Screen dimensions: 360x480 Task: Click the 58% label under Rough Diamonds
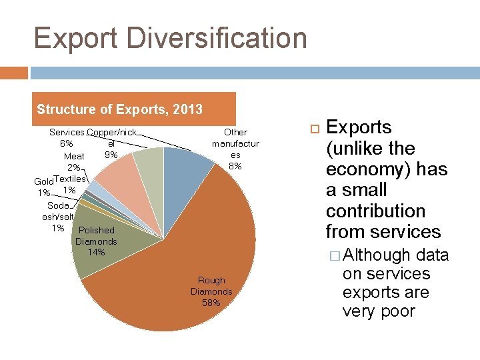(x=211, y=303)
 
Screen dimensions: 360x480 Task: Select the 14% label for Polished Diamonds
(x=96, y=252)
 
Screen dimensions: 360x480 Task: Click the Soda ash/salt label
(x=58, y=211)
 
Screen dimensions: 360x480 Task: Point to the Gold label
(x=43, y=181)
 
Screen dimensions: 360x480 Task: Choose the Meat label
(x=74, y=156)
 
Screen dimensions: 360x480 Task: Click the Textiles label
(x=69, y=179)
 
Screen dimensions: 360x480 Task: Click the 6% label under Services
(x=67, y=143)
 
